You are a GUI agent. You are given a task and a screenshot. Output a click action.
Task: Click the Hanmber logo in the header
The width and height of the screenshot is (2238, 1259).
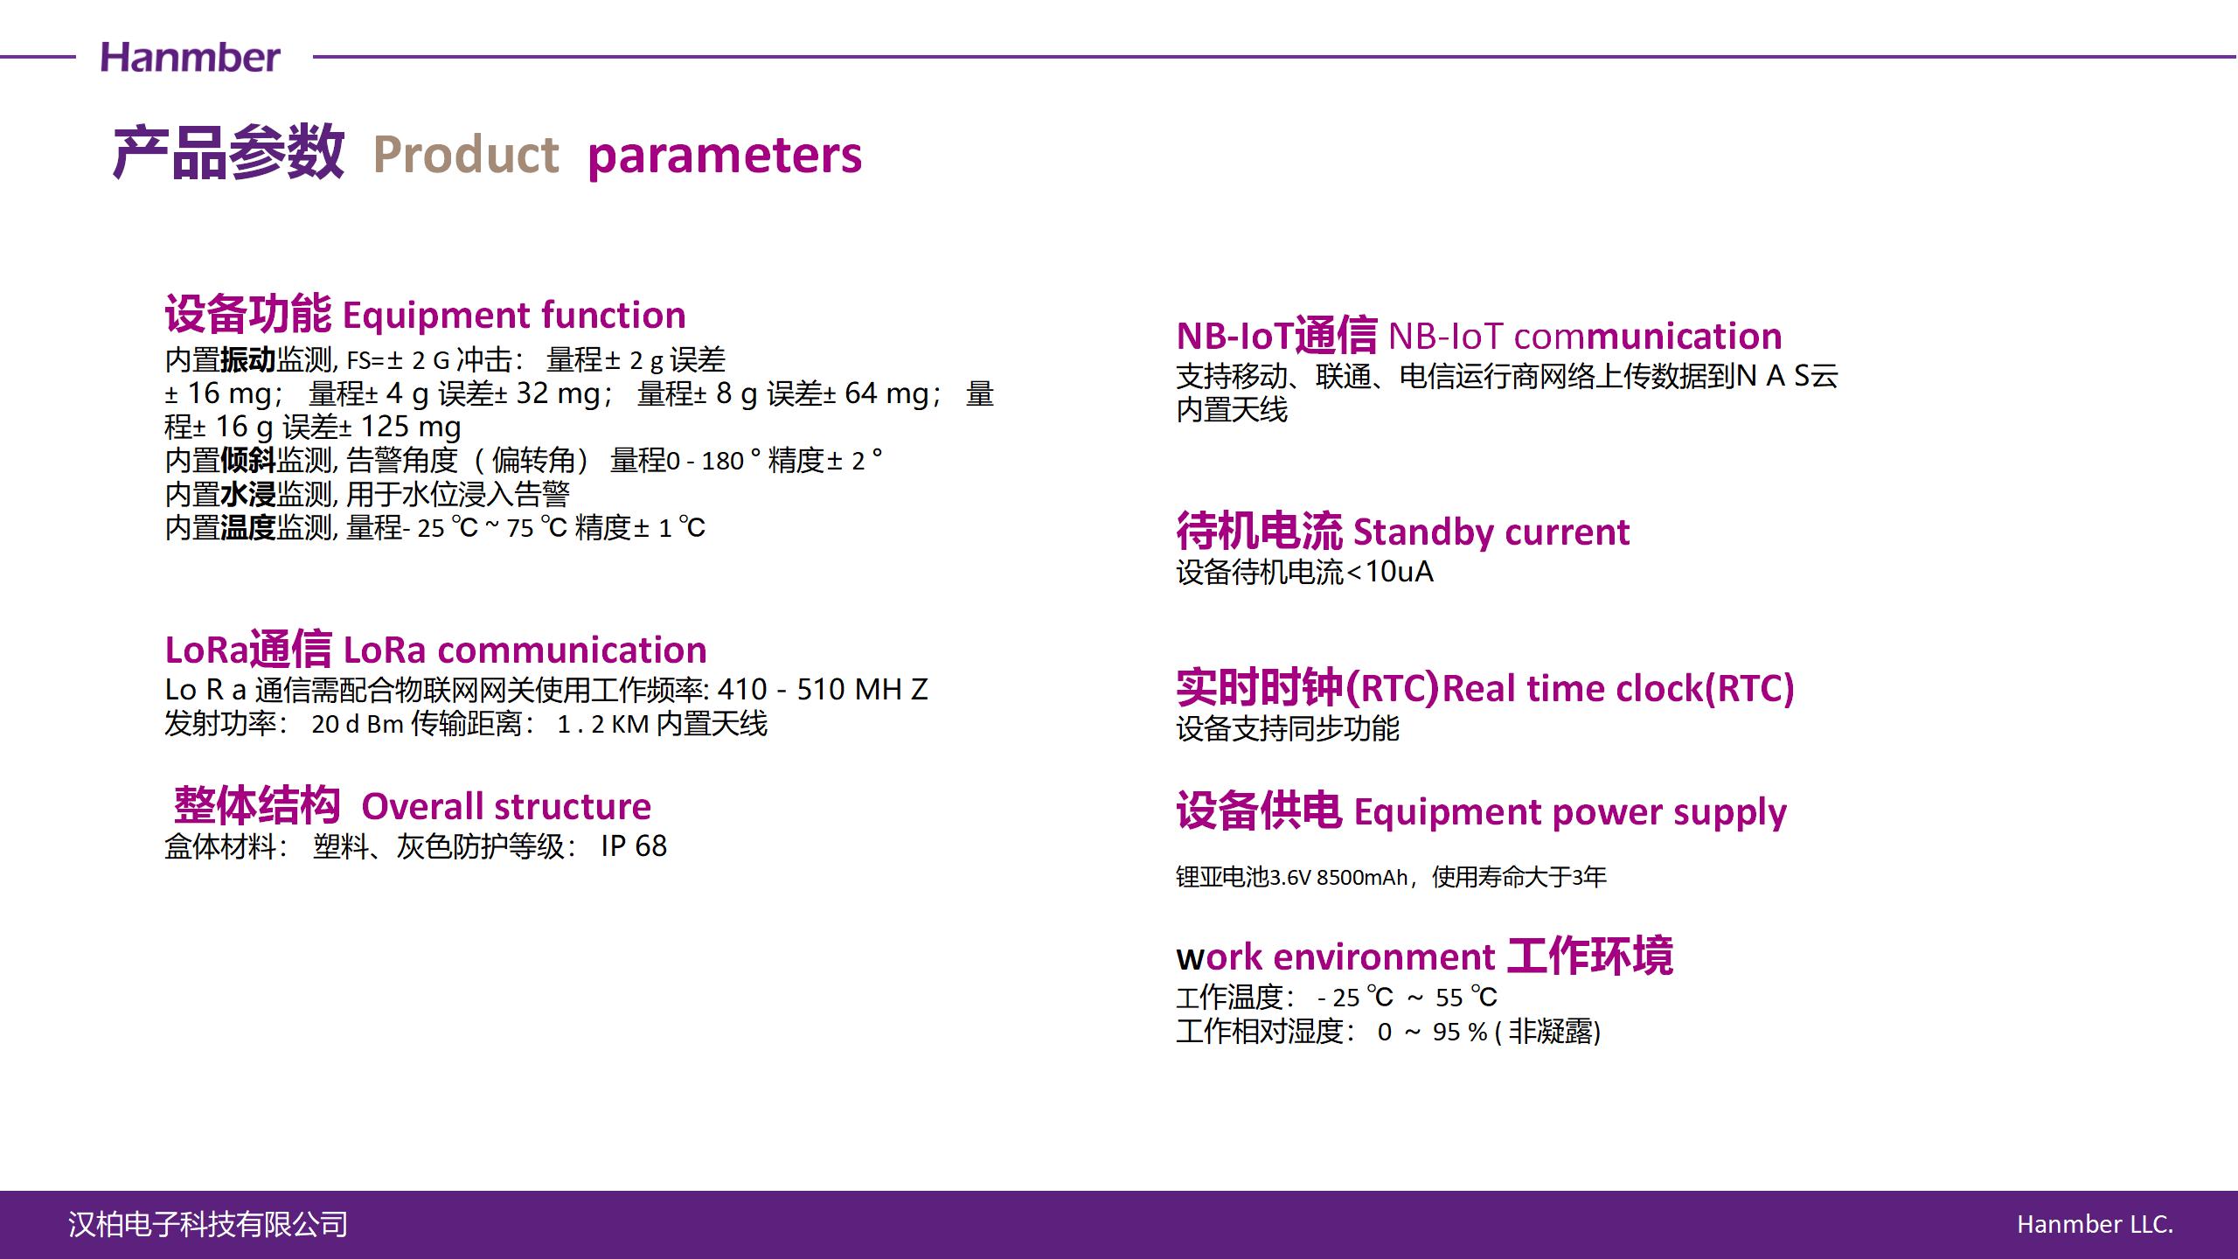(x=190, y=58)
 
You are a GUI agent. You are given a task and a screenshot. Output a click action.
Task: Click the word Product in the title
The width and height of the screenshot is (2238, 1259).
(x=465, y=155)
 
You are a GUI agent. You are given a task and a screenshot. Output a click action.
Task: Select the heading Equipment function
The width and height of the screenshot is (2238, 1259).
(x=514, y=316)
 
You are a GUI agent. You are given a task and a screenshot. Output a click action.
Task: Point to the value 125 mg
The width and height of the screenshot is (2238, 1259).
(x=411, y=428)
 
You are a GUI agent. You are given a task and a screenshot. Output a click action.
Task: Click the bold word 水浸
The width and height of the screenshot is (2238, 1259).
(x=248, y=495)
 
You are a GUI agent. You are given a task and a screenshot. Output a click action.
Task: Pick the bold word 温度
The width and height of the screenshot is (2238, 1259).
(x=248, y=528)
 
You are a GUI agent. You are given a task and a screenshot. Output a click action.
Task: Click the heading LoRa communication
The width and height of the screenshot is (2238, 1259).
(x=525, y=650)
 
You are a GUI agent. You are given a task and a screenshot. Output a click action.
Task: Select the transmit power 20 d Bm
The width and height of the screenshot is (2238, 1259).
(x=358, y=724)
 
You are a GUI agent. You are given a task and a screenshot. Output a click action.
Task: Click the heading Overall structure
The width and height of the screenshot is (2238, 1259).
(x=506, y=807)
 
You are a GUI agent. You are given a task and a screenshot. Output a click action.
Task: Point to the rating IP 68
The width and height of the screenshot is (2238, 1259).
(x=634, y=846)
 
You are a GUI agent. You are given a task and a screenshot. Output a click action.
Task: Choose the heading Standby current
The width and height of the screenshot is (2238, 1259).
(x=1491, y=532)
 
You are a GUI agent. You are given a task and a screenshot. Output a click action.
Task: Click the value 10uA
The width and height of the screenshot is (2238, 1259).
(x=1399, y=572)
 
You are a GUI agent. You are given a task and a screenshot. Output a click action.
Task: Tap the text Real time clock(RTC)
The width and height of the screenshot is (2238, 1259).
(x=1618, y=689)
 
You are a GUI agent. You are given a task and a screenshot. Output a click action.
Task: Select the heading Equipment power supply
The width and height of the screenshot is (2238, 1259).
(x=1570, y=813)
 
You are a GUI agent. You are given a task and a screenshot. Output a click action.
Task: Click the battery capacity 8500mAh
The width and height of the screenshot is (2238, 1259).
(x=1362, y=877)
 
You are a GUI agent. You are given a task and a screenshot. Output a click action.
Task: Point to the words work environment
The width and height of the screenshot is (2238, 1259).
(x=1336, y=957)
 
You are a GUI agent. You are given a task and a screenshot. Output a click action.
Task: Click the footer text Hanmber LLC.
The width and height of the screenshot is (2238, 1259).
(x=2095, y=1225)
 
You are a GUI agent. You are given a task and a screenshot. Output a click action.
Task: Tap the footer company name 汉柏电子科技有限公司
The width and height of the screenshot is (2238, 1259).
(x=208, y=1225)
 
